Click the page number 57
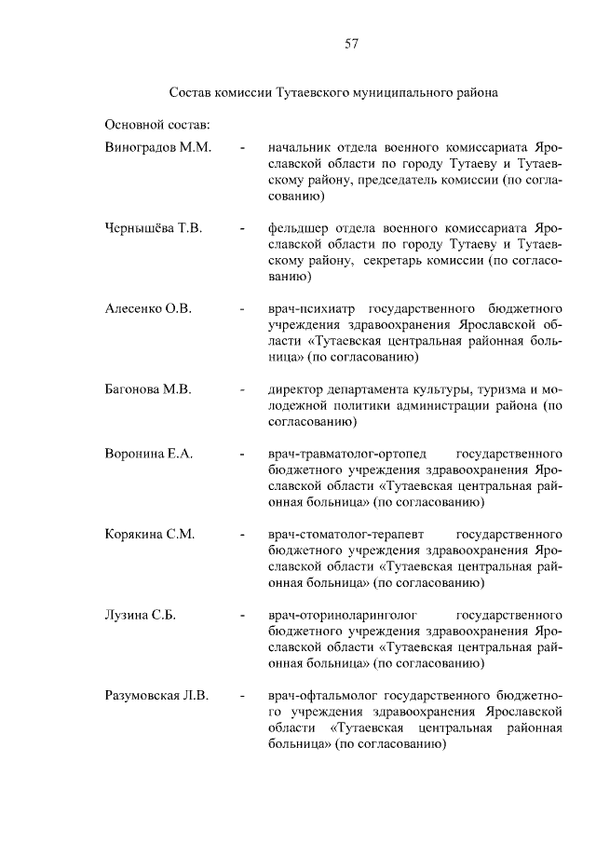(x=351, y=43)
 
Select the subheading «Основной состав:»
(x=157, y=123)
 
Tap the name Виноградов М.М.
(x=159, y=147)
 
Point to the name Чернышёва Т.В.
(x=155, y=227)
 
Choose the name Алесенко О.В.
(x=149, y=308)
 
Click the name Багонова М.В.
(x=149, y=389)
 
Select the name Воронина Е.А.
(x=150, y=454)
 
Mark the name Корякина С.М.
(x=150, y=535)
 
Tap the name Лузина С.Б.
(x=142, y=616)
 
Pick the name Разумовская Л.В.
(x=157, y=696)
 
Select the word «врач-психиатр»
(x=311, y=308)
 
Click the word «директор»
(x=295, y=389)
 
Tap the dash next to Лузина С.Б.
(x=242, y=616)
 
